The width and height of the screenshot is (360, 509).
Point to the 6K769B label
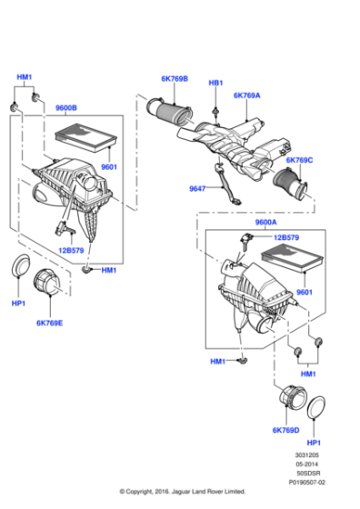point(175,79)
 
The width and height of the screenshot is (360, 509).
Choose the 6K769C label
point(299,160)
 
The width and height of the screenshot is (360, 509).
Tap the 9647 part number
point(199,189)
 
